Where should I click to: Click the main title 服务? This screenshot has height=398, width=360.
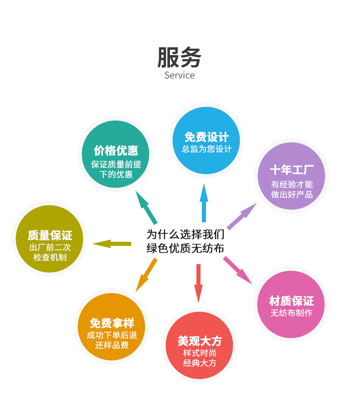click(x=180, y=57)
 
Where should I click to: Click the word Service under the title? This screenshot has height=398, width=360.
click(x=180, y=75)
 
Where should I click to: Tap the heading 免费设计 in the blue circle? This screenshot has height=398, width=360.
click(x=206, y=137)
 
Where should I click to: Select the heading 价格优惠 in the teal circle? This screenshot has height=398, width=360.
click(x=116, y=150)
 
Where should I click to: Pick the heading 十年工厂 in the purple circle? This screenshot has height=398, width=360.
click(x=292, y=170)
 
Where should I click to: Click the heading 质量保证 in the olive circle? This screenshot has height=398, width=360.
click(x=50, y=235)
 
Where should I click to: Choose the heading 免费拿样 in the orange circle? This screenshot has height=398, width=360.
click(x=112, y=323)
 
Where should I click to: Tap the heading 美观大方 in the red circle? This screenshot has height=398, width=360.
click(x=200, y=341)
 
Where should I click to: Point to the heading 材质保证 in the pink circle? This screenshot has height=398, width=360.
click(x=291, y=301)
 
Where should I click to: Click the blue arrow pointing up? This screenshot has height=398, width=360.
click(x=204, y=203)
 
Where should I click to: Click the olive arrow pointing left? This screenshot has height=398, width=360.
click(x=112, y=244)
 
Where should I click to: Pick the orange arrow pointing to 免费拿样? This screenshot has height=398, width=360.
click(x=146, y=275)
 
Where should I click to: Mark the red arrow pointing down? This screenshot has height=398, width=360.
click(x=198, y=282)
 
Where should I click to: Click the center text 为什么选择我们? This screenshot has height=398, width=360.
click(x=185, y=235)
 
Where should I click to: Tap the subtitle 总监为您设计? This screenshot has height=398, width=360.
click(x=206, y=149)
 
